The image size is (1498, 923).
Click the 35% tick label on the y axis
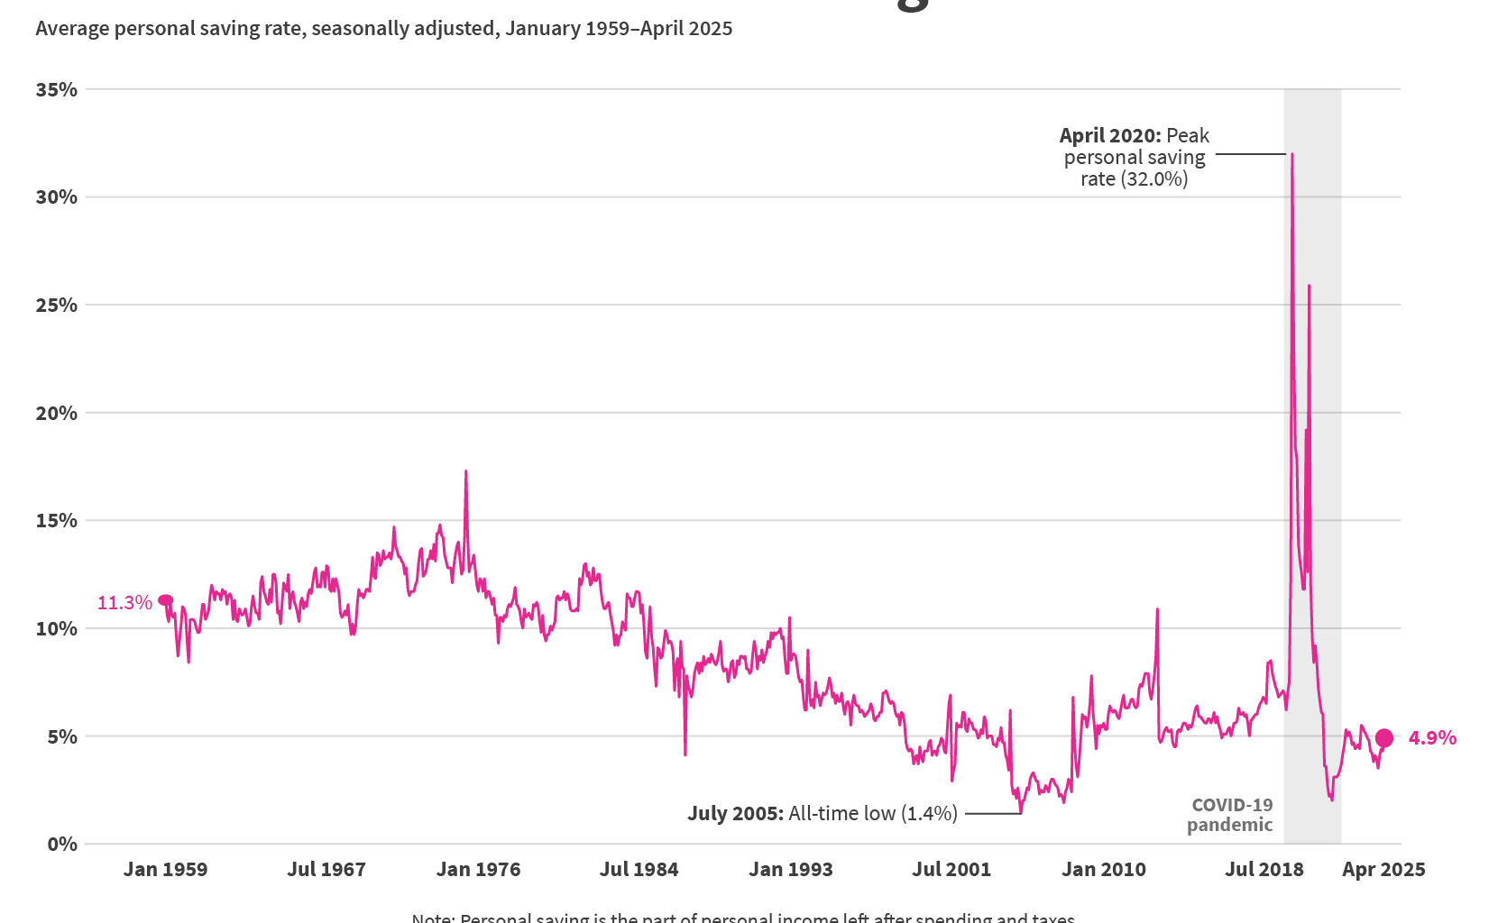(x=56, y=89)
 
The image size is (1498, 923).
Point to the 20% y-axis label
(x=56, y=413)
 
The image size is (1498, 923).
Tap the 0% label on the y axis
(x=61, y=845)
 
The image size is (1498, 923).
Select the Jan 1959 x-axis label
(x=165, y=870)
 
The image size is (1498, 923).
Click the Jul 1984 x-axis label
(x=639, y=870)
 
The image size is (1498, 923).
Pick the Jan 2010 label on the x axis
(x=1103, y=870)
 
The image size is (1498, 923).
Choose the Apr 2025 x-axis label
(x=1383, y=870)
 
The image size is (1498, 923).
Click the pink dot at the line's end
(x=1383, y=738)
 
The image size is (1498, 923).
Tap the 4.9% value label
(x=1432, y=738)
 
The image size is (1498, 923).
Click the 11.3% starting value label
(x=124, y=603)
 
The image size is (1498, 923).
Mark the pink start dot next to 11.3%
(x=166, y=600)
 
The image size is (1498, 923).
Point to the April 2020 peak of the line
(x=1291, y=155)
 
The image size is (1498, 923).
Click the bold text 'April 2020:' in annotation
(x=1110, y=136)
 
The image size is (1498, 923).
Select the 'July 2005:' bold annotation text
(x=735, y=814)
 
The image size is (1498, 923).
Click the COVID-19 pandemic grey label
(x=1230, y=815)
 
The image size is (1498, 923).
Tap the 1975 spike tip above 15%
(x=465, y=471)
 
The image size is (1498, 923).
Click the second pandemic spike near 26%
(x=1309, y=287)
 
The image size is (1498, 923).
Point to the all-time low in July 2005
(x=1020, y=812)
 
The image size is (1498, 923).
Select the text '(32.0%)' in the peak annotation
(x=1154, y=179)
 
